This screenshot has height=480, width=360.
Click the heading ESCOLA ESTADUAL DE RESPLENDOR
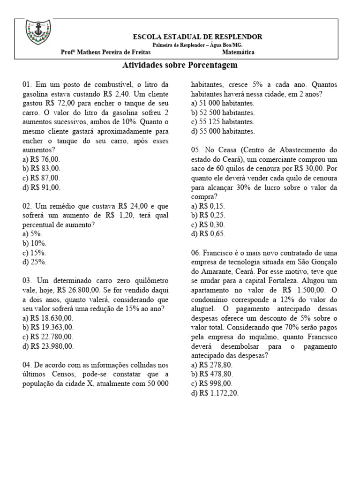point(198,37)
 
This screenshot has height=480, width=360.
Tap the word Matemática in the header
point(239,52)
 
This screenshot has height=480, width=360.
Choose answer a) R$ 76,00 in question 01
point(41,159)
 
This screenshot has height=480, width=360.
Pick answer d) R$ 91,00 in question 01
point(41,187)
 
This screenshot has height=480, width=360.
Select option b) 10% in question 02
point(34,244)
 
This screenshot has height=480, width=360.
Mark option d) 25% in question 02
point(34,262)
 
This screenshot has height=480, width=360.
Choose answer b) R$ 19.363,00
point(48,328)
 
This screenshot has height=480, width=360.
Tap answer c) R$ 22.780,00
point(48,337)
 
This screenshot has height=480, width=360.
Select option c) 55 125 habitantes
point(223,122)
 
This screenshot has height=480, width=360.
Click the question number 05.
point(196,150)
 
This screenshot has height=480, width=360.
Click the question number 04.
point(26,365)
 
